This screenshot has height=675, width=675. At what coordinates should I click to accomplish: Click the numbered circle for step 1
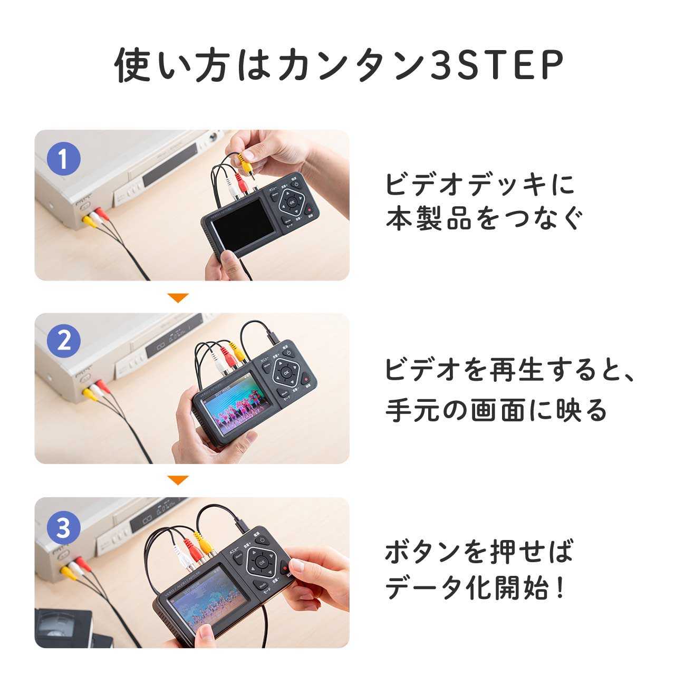click(x=63, y=159)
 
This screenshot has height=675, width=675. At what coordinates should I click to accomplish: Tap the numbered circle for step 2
click(x=63, y=341)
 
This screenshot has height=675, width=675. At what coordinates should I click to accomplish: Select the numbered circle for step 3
click(x=63, y=527)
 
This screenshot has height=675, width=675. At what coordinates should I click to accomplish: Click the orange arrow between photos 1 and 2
click(x=178, y=298)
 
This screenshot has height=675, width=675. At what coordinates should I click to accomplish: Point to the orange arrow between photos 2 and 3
click(x=178, y=480)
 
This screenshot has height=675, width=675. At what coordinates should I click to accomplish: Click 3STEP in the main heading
click(x=496, y=66)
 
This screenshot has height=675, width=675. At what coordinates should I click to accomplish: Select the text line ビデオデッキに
click(x=480, y=185)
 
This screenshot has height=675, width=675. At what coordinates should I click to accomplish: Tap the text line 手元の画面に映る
click(x=496, y=410)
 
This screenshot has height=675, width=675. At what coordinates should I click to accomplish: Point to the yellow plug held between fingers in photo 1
click(x=242, y=158)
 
